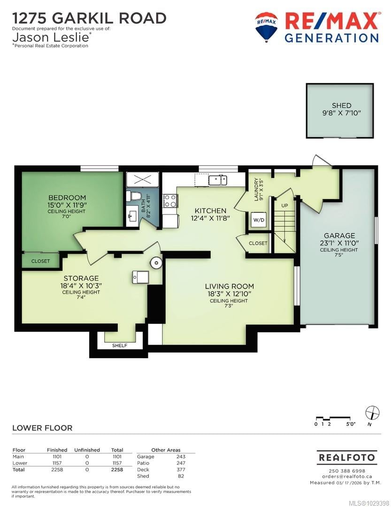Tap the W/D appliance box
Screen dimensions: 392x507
258,220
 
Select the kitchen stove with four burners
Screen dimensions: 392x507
169,200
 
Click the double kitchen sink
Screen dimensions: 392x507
218,180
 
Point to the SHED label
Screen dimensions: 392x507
341,106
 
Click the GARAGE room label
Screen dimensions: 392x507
339,235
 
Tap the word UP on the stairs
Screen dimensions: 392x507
284,205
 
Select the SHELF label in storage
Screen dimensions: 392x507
120,346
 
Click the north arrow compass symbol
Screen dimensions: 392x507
372,413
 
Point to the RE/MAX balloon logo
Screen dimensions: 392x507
266,27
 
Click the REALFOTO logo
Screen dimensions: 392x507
346,458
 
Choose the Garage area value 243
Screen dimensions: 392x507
181,457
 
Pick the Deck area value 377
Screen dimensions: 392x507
181,469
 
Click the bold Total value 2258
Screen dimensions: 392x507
117,469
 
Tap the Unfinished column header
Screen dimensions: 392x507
87,450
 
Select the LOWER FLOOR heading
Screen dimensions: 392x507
42,428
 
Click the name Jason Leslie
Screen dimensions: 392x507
51,37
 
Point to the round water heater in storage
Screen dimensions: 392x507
156,262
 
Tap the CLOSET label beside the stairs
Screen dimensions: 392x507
258,243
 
